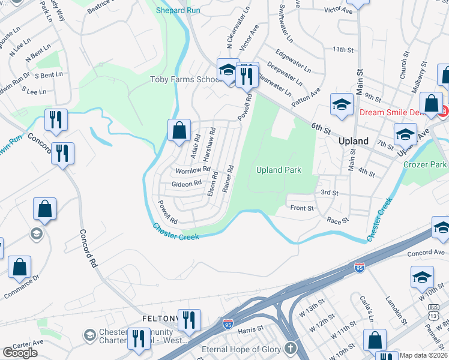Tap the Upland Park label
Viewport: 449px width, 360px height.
tap(278, 170)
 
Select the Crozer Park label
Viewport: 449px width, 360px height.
tap(425, 164)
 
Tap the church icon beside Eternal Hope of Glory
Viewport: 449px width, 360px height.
tap(291, 349)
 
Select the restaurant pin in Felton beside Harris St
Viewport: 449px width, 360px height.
tap(189, 320)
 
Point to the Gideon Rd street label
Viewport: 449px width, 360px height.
tap(186, 184)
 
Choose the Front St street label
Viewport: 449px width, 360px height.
tap(302, 208)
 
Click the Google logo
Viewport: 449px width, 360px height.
tap(20, 352)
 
